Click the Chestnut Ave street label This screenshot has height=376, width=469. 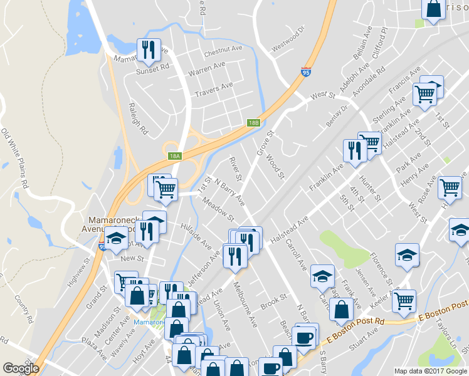coord(223,48)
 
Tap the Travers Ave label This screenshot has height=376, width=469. coord(214,89)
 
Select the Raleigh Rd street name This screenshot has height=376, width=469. coord(137,119)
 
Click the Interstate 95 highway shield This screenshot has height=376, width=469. coord(306,73)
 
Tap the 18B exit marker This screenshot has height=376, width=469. coord(253,123)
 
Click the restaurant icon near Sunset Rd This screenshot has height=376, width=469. coord(148,49)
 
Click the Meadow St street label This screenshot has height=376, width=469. coord(218,210)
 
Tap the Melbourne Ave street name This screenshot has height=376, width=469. coord(245,304)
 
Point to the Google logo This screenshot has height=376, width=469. coord(21,368)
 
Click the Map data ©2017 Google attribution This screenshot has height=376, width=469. coord(431,371)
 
